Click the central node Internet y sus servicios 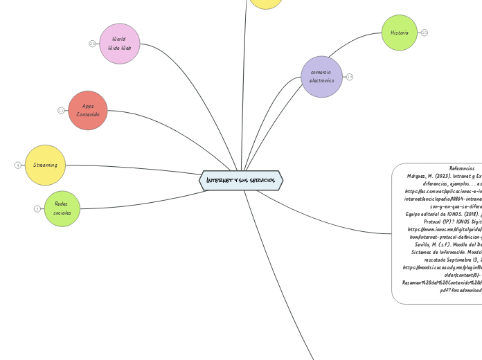241,181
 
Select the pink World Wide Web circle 120,44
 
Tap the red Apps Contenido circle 88,110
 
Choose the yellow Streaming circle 45,165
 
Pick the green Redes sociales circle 62,208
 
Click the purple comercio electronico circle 321,76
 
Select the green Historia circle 399,33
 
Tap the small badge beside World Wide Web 92,44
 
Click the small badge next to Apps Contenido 61,110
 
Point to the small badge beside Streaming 17,165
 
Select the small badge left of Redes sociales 37,208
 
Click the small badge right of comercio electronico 350,77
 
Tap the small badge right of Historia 425,33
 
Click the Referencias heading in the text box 462,168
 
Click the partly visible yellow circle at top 266,3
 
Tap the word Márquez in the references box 421,176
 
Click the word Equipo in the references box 418,214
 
